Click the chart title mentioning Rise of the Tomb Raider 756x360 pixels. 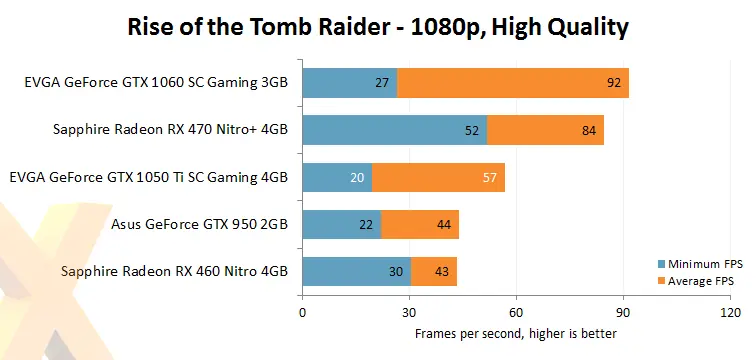378,26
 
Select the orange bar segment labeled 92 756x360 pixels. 513,84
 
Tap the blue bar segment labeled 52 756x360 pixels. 394,131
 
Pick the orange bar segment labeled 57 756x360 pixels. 439,178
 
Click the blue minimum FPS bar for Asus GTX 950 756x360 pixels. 341,225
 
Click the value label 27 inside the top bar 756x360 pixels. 381,84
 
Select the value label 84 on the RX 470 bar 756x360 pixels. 591,131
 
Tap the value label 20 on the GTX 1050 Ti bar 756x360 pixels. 357,178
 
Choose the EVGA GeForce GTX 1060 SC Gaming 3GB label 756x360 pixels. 156,84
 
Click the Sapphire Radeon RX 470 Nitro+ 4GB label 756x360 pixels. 170,131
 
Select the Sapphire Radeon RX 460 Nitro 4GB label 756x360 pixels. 174,271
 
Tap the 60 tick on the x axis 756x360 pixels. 516,312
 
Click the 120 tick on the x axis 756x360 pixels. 730,312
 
